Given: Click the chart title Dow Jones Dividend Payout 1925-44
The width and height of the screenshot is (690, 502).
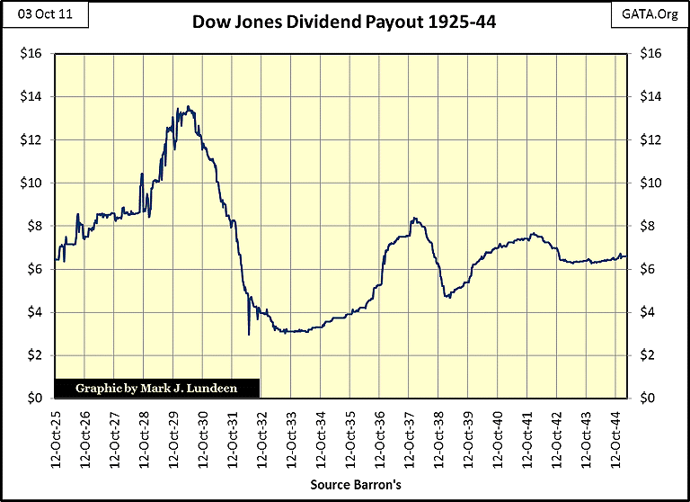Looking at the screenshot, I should (344, 21).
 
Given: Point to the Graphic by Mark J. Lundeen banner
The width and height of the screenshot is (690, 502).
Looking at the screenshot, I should (157, 389).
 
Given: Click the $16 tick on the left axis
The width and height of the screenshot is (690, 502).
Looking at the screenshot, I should (34, 54).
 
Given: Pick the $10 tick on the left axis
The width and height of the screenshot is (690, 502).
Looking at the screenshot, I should (34, 184).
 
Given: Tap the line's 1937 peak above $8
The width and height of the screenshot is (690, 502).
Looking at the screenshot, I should (412, 218).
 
